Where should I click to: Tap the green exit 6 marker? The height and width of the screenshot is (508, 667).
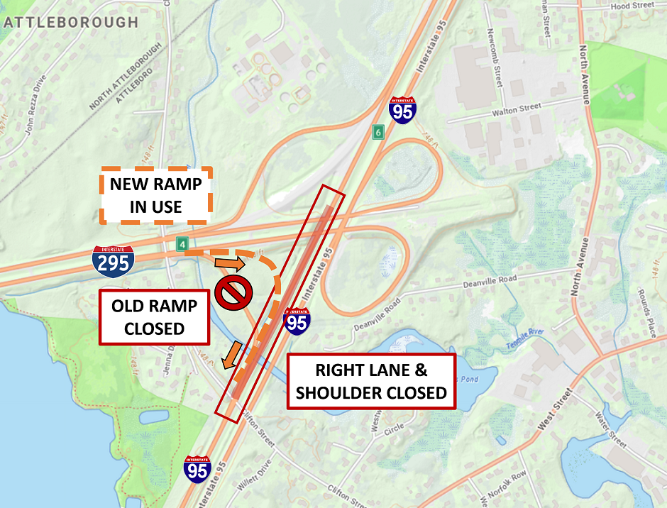click(379, 132)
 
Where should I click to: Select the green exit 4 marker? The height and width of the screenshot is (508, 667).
click(182, 245)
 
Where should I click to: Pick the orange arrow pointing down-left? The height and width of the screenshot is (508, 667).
click(231, 355)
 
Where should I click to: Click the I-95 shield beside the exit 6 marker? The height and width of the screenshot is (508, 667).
click(403, 111)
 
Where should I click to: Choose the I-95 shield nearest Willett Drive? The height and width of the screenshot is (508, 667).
click(197, 469)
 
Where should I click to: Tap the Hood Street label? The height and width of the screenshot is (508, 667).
click(632, 6)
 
